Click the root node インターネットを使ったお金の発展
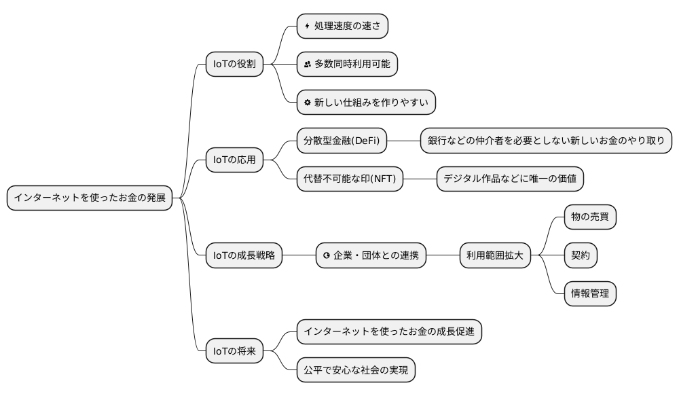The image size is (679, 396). point(89,198)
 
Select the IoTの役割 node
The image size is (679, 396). point(234,64)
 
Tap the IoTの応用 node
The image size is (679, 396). point(234,160)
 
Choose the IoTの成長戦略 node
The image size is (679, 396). point(244,255)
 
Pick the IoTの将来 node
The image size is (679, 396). point(234,351)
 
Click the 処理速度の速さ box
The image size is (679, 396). point(343,26)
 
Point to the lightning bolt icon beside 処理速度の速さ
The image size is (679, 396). point(308,26)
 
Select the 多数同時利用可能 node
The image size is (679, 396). point(348,64)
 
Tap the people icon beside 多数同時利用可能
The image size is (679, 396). point(308,64)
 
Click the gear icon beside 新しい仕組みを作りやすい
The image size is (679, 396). point(308,102)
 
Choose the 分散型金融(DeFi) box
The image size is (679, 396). point(342,141)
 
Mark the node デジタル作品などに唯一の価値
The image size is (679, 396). point(510,179)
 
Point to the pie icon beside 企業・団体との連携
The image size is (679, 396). point(327,255)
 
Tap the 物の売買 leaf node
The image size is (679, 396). point(590,217)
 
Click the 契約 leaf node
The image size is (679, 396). point(581,255)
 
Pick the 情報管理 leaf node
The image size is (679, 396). point(590,293)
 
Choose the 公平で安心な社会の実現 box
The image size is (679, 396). point(356,370)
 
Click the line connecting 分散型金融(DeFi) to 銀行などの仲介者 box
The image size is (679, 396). point(403,141)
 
